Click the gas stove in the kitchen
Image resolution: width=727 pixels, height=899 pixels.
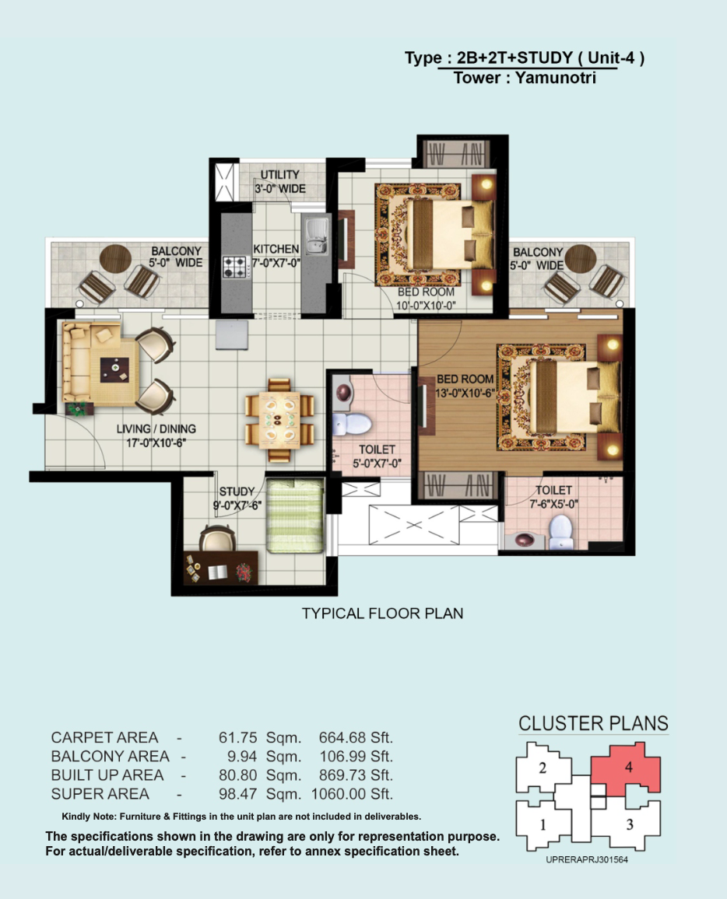[x=235, y=268]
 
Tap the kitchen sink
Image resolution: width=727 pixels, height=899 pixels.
[x=315, y=236]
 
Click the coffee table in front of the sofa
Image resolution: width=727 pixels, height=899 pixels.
[x=114, y=370]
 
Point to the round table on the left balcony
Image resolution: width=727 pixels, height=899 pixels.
[x=115, y=259]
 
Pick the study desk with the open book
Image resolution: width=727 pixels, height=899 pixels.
[x=220, y=568]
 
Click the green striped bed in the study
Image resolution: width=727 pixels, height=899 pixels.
[x=296, y=516]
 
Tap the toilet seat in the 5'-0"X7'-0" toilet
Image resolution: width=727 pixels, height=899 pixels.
[x=352, y=425]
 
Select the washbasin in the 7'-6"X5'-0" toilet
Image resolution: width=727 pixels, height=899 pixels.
[x=525, y=540]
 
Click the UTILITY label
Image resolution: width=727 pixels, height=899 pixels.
[x=280, y=174]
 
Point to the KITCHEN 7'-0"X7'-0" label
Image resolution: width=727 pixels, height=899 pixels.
[x=276, y=256]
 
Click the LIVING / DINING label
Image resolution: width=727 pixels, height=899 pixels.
[x=156, y=429]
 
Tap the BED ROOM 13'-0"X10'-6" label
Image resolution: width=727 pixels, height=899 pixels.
[x=465, y=386]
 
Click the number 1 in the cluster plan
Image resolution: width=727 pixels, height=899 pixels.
[x=543, y=824]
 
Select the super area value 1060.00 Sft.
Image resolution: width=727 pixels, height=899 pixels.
[x=352, y=794]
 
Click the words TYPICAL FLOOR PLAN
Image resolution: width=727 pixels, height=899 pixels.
[x=383, y=614]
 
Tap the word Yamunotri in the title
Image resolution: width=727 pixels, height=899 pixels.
[x=556, y=78]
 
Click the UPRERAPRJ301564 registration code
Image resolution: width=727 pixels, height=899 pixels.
[x=587, y=859]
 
